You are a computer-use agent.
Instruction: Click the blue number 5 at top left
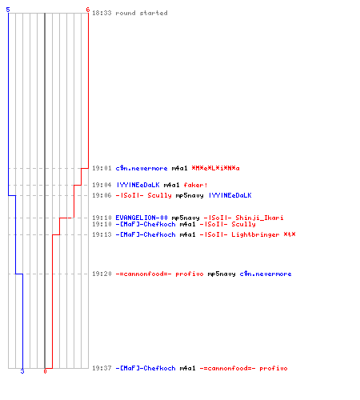[x=8, y=10]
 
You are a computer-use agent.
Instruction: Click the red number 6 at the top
[x=88, y=10]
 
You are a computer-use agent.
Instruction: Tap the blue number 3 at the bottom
[x=22, y=371]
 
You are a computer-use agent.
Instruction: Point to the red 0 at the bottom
[x=45, y=371]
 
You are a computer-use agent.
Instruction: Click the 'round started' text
[x=142, y=13]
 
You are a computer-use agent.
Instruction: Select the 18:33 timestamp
[x=102, y=13]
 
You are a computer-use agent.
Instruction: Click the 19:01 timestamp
[x=102, y=168]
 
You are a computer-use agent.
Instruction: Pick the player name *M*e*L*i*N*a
[x=215, y=168]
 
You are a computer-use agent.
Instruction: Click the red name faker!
[x=195, y=185]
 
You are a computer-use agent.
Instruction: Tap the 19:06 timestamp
[x=102, y=195]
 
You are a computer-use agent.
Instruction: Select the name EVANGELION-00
[x=142, y=218]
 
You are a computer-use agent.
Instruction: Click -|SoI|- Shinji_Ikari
[x=243, y=218]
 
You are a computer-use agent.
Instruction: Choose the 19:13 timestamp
[x=102, y=234]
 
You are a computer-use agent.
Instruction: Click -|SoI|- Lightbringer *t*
[x=247, y=234]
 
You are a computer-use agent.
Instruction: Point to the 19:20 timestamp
[x=102, y=274]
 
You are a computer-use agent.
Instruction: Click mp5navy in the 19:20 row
[x=222, y=274]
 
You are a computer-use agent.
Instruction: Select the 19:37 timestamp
[x=102, y=368]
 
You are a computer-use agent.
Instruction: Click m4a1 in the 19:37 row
[x=187, y=368]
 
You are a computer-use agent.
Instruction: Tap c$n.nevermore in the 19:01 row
[x=142, y=168]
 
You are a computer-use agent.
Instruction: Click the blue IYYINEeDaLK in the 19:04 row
[x=138, y=185]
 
